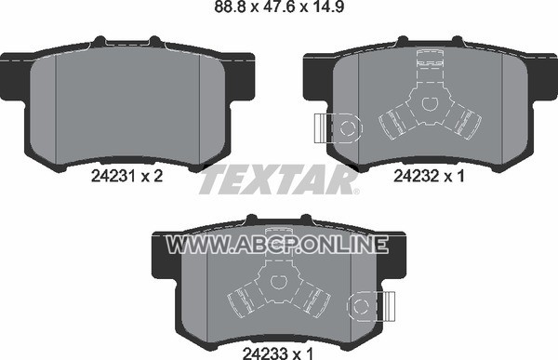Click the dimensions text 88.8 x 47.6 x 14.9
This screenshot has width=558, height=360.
[x=279, y=7]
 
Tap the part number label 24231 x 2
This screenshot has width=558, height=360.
[x=127, y=176]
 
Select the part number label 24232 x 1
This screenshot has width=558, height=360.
[x=429, y=176]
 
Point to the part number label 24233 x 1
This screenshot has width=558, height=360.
[x=278, y=353]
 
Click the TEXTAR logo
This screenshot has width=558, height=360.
[x=278, y=180]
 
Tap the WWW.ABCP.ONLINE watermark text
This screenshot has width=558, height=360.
[x=277, y=245]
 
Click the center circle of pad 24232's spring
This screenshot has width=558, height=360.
[x=430, y=103]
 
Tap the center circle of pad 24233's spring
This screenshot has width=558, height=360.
[x=279, y=282]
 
